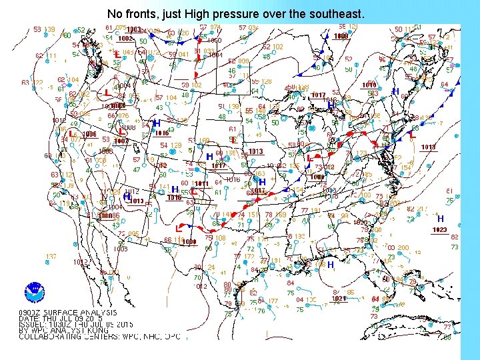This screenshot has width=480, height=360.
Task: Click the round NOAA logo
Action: (34, 291)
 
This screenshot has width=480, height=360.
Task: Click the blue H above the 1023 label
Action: (440, 219)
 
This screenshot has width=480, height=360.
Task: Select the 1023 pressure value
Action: (439, 230)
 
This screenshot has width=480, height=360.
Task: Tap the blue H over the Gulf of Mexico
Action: (330, 265)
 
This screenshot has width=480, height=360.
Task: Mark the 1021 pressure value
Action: (339, 299)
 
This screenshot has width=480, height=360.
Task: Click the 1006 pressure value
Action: (89, 133)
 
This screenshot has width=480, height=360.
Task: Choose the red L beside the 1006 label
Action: (71, 133)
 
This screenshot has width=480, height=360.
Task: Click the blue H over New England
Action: (395, 91)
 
